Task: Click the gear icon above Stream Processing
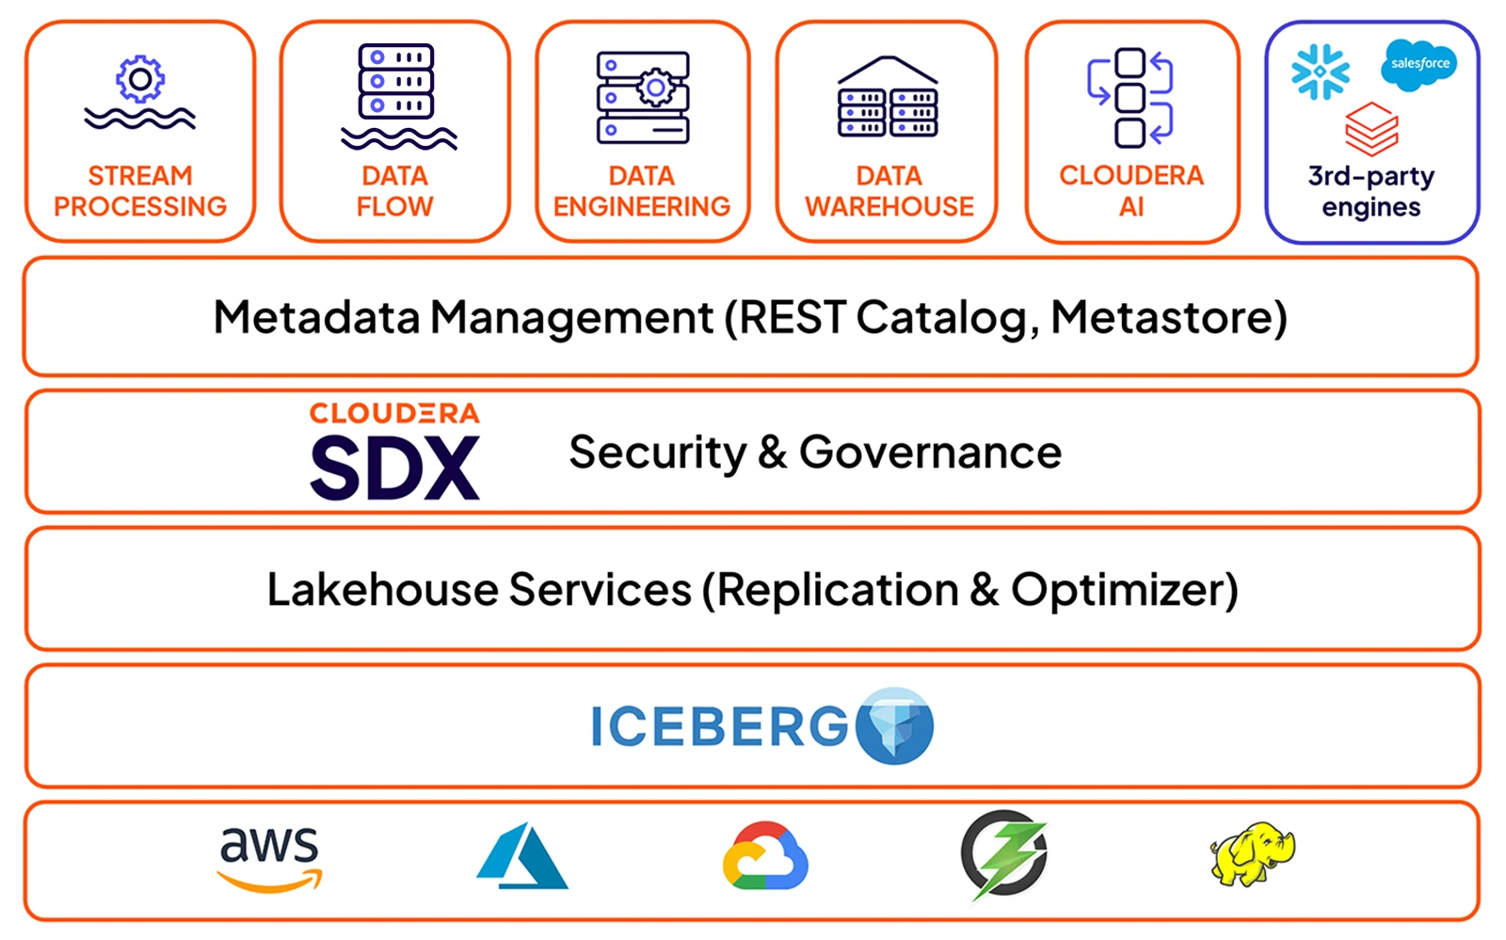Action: click(140, 80)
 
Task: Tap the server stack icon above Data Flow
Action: click(396, 82)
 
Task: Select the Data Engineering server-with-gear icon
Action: click(643, 97)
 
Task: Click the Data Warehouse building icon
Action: click(888, 98)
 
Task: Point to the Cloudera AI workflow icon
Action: click(1130, 97)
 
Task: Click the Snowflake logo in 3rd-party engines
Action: click(1320, 72)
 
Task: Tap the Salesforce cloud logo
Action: click(1419, 64)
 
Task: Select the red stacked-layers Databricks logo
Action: click(1371, 129)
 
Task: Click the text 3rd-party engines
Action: click(1370, 192)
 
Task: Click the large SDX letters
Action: click(394, 469)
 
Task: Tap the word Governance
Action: click(930, 453)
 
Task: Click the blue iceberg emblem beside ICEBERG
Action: click(894, 725)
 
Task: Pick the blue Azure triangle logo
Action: click(521, 857)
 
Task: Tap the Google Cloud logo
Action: click(765, 857)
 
